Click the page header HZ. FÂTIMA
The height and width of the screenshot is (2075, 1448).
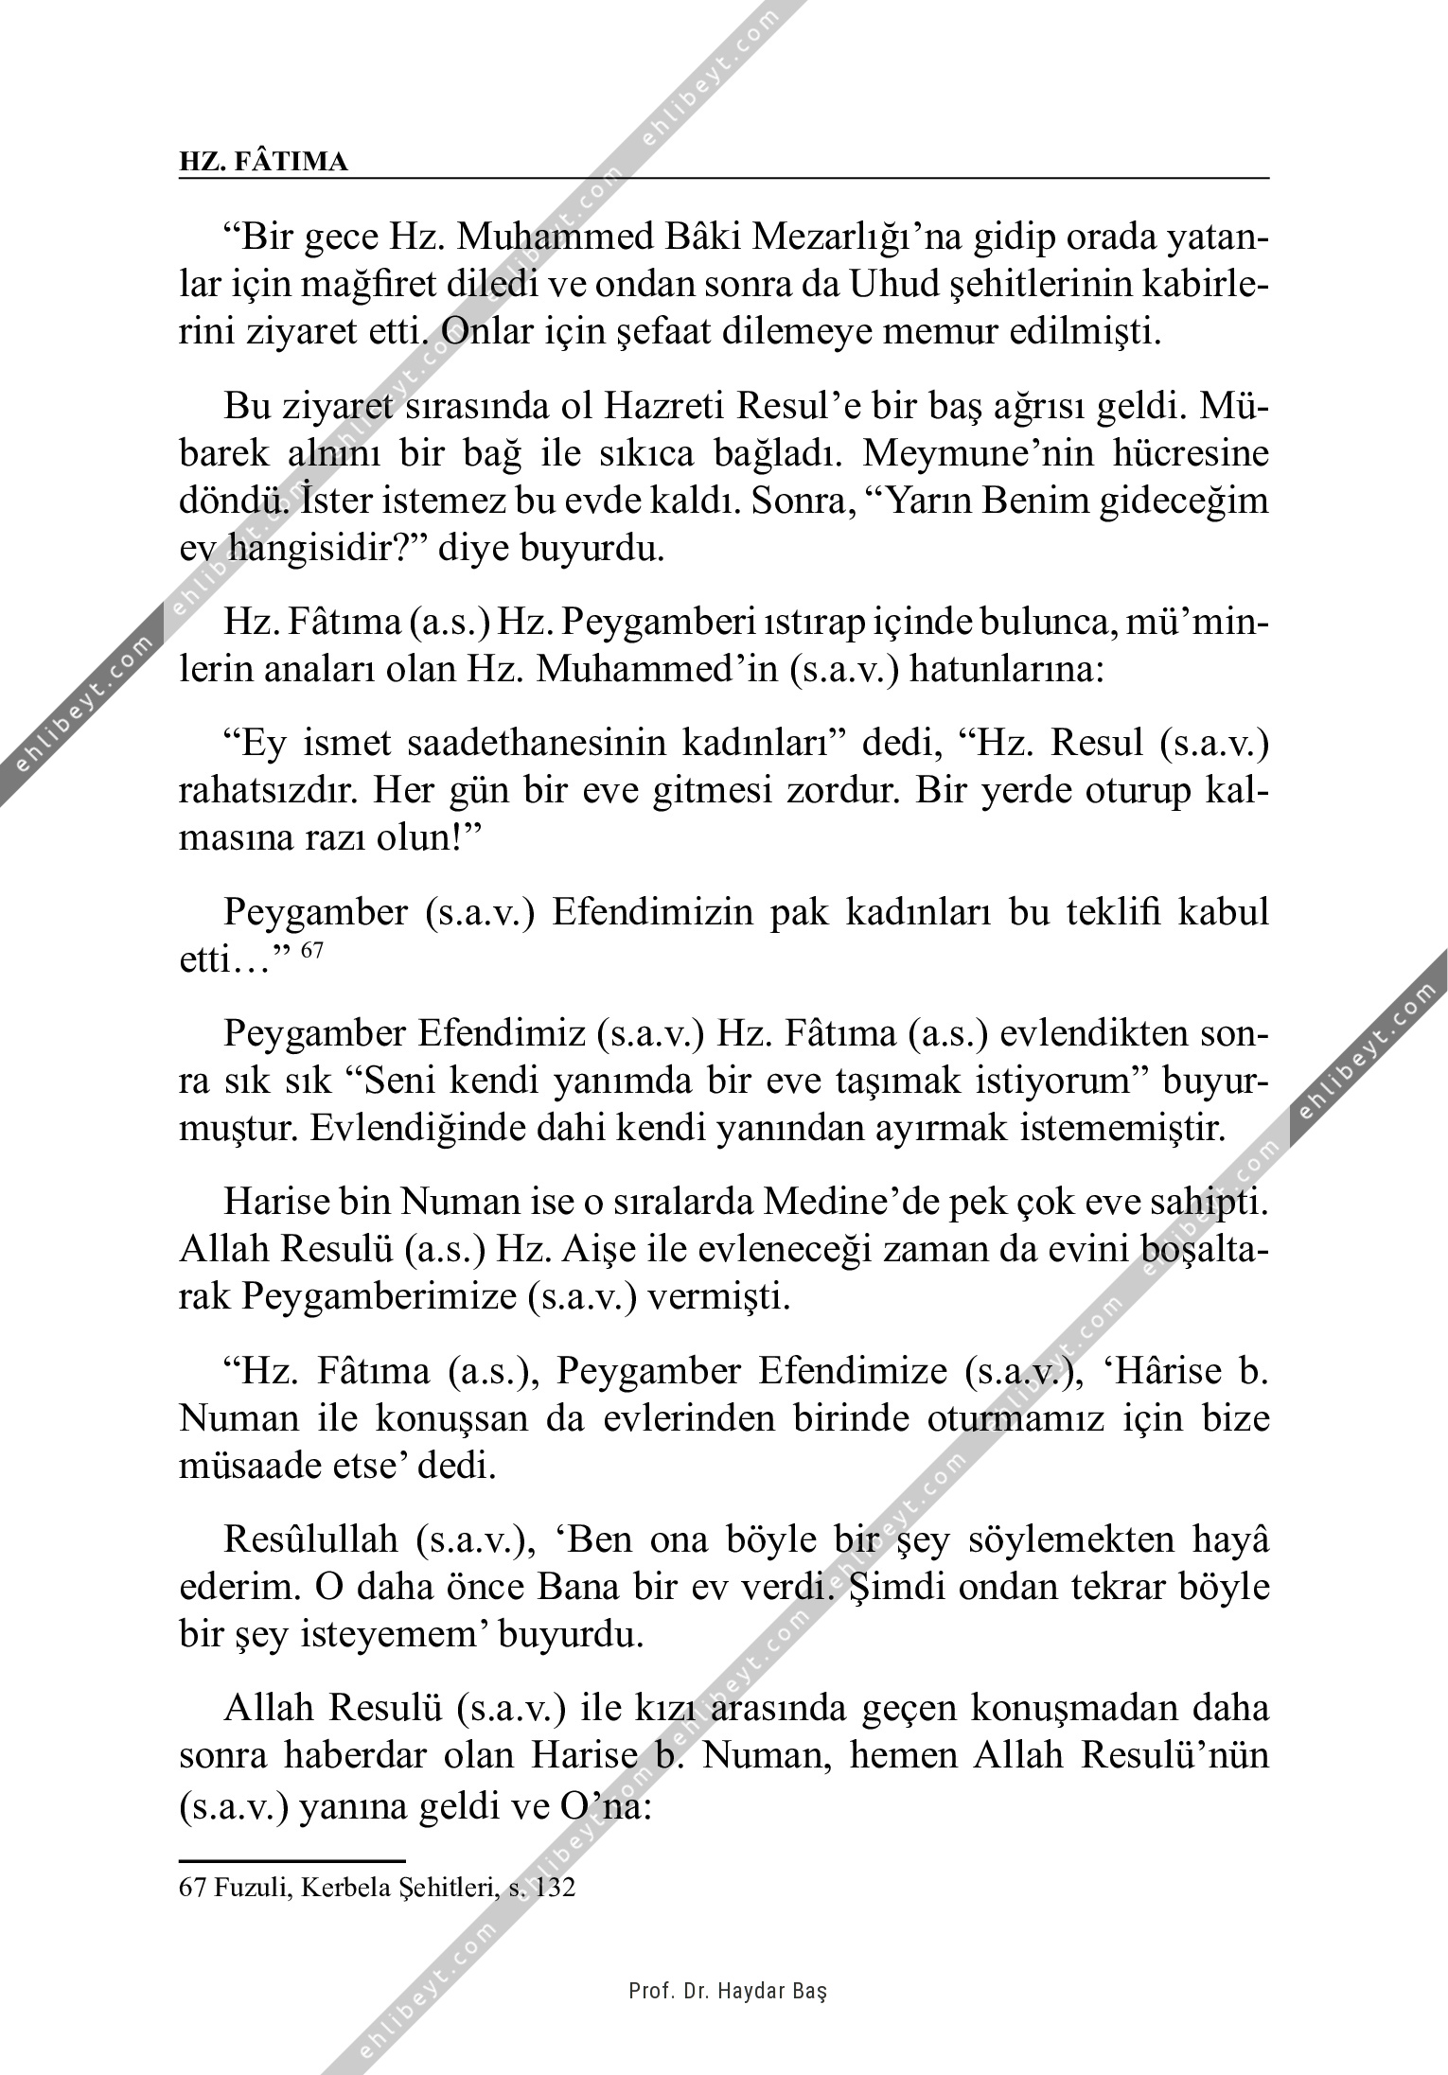(x=263, y=162)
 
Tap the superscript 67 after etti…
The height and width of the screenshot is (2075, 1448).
(x=312, y=949)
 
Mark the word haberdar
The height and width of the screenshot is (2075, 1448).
(x=335, y=1756)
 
